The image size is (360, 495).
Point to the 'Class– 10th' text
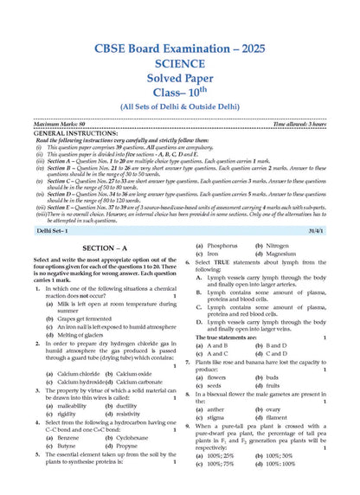[179, 85]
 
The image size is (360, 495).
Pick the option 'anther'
[215, 408]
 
